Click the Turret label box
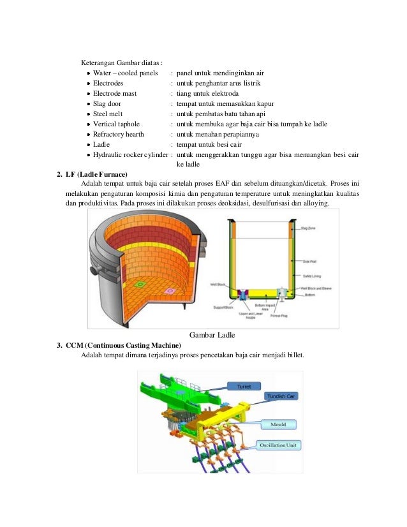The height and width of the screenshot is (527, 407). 244,387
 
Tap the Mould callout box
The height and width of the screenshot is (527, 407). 278,424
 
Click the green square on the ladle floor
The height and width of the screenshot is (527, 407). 142,285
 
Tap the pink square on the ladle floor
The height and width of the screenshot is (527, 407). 170,292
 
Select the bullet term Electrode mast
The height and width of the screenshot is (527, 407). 115,93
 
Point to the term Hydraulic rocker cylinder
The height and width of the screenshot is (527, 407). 130,154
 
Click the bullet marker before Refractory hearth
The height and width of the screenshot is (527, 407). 88,135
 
